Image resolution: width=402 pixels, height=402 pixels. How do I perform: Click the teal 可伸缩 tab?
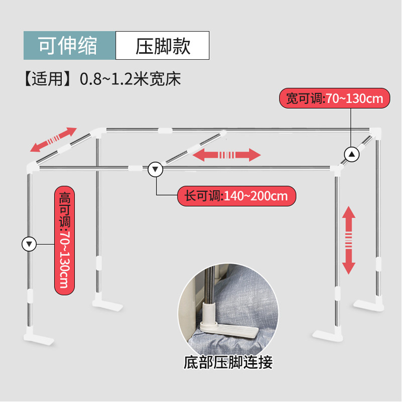[x=69, y=46]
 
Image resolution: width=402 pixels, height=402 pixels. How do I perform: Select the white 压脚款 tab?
[x=162, y=46]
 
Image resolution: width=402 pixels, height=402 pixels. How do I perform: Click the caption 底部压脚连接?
[x=229, y=361]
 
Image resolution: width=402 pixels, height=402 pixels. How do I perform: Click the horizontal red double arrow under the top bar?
[x=227, y=154]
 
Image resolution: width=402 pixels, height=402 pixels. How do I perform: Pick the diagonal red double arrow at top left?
[x=53, y=140]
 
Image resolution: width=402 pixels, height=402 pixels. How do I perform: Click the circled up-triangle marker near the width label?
[x=352, y=154]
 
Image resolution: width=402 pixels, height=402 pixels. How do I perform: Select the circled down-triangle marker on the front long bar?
[x=156, y=170]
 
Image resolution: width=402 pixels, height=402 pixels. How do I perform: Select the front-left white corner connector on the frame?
[x=30, y=167]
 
